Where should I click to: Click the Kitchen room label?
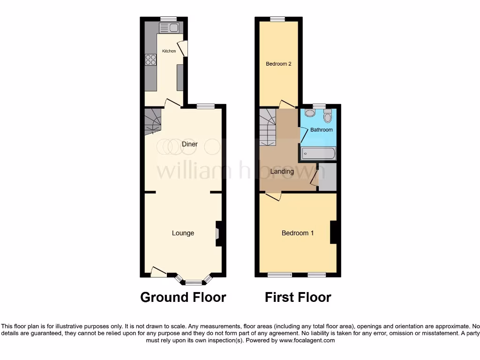169,51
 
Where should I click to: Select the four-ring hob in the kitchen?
150,60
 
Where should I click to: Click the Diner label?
190,144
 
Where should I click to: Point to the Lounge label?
183,233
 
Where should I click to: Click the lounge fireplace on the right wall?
218,233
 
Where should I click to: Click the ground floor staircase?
152,120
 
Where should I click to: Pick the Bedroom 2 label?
278,64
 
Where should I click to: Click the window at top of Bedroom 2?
277,19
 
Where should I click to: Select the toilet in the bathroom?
327,115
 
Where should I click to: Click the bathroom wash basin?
309,112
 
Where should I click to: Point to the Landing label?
282,172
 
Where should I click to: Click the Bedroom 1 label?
298,233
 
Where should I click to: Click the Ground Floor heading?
183,297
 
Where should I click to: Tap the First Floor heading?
298,297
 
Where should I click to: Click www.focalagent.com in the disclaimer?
307,341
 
